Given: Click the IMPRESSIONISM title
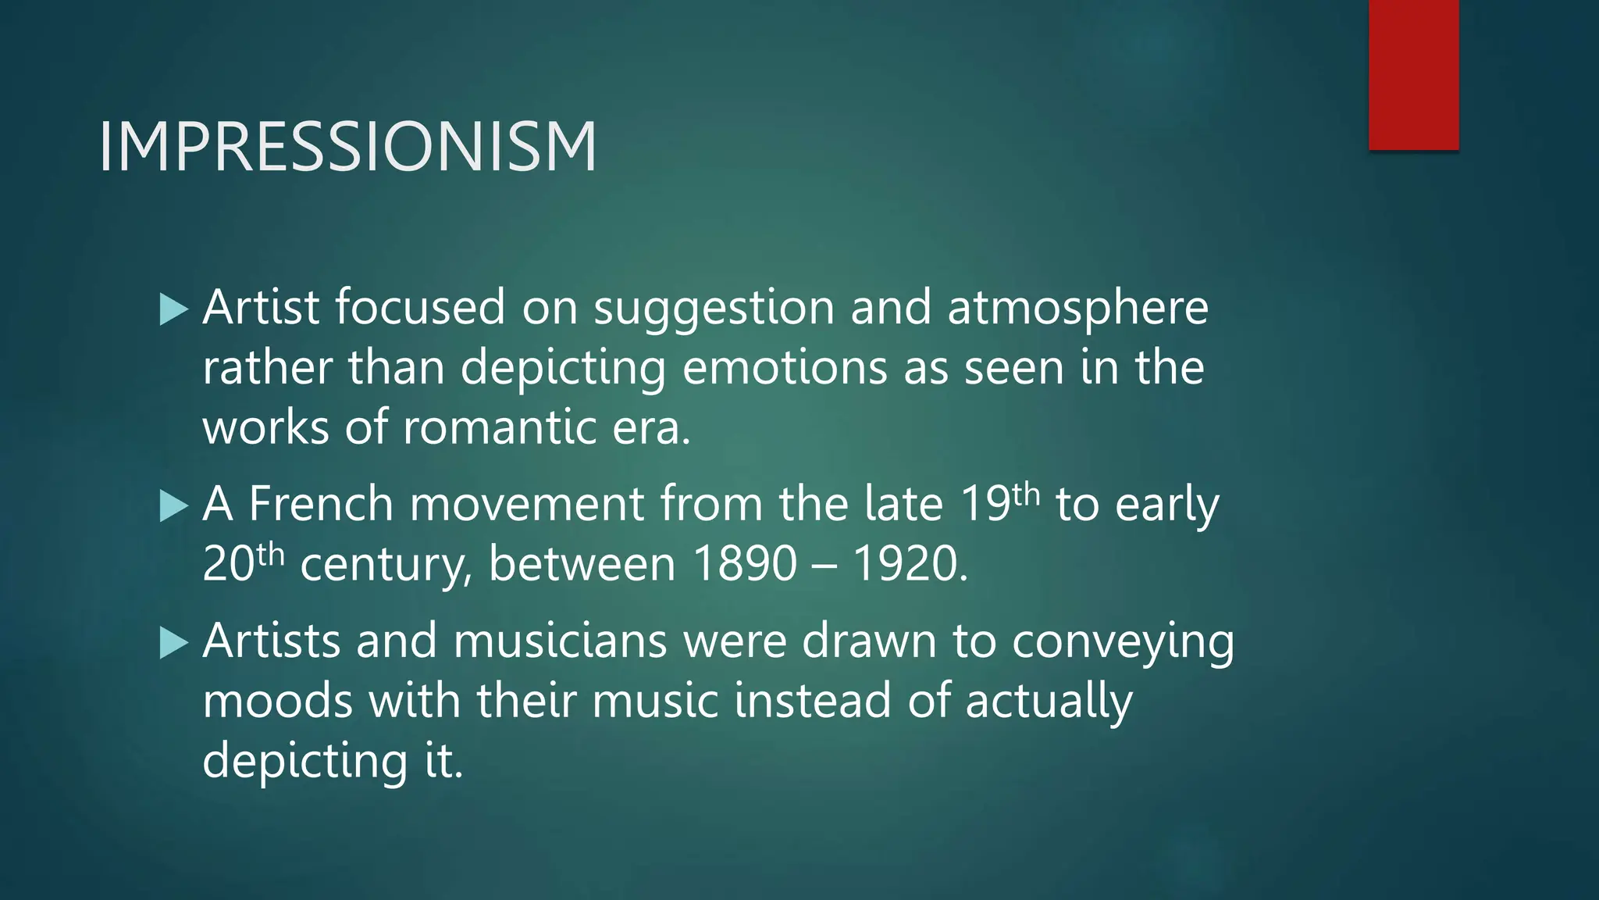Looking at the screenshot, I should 347,147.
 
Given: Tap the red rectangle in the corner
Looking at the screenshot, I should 1413,74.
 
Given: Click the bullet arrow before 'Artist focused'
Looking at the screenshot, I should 173,309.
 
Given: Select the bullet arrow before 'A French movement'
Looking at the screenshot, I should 173,506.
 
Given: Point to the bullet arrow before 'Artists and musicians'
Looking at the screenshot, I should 173,644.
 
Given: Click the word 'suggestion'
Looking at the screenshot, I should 714,308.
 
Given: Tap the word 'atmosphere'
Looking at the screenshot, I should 1077,308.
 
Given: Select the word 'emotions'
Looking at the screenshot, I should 785,367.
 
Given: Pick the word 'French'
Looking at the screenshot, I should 320,504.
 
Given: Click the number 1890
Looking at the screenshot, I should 745,563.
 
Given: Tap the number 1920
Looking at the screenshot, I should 909,563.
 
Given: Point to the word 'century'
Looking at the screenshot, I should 386,565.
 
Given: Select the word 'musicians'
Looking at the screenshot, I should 560,641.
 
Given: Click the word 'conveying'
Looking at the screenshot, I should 1123,643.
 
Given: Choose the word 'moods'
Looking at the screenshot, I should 277,701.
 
